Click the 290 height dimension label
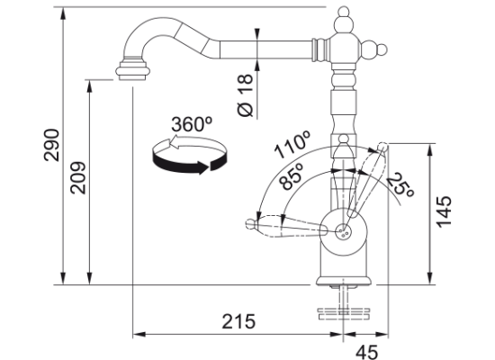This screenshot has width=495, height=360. coord(52,145)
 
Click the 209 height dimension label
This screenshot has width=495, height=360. coord(78,178)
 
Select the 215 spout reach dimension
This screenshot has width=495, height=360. coord(238,321)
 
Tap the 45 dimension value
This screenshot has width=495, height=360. coord(367,352)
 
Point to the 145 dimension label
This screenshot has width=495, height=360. coord(444,211)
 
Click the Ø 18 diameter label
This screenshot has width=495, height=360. coord(246,95)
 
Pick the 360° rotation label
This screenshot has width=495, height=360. coord(192,124)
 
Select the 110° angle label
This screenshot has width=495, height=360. coord(292,145)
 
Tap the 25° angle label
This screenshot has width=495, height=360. coord(400,185)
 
